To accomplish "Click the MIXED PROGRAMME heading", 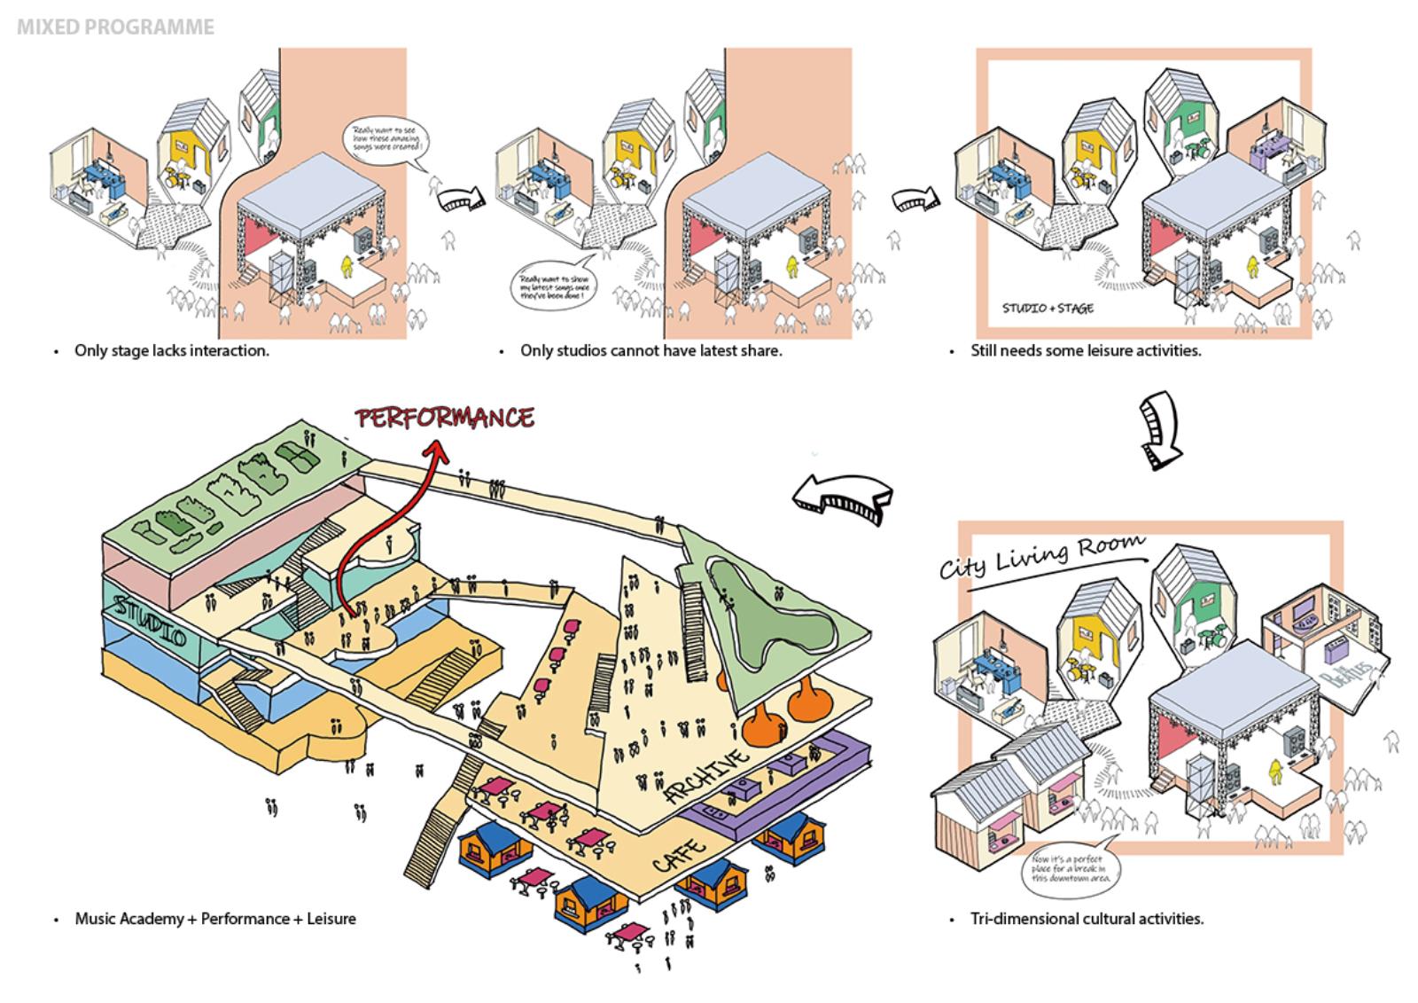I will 115,27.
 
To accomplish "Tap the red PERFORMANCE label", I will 445,418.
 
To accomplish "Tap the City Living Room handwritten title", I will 1041,556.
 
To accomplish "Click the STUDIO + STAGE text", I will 1048,309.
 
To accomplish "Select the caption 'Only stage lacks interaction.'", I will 171,350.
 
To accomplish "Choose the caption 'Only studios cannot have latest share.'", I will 651,350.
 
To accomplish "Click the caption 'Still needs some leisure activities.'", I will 1086,350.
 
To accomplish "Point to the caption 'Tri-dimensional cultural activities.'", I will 1087,919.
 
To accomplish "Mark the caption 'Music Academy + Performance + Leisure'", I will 214,919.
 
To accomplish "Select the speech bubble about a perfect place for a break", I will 1071,869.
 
